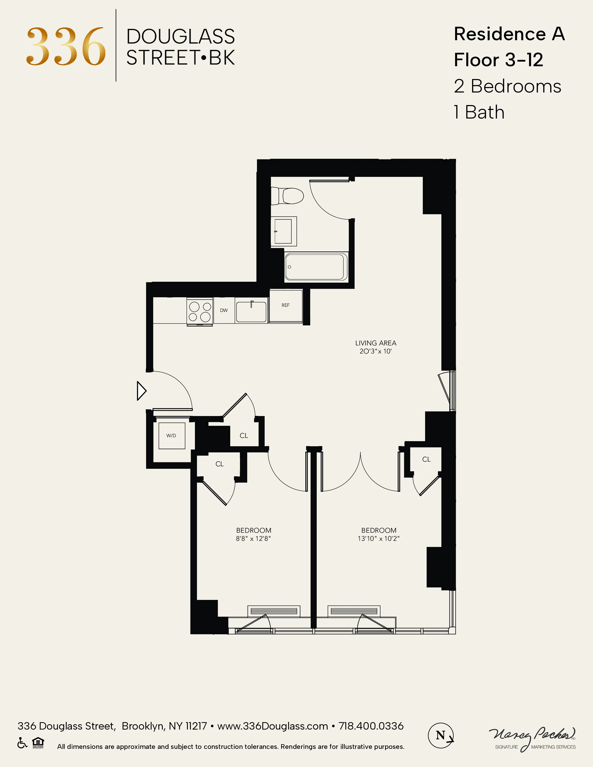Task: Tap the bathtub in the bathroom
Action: (x=316, y=267)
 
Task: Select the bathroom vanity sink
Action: (x=283, y=231)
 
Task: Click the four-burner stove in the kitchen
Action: (x=200, y=311)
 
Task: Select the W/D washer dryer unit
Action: (x=171, y=436)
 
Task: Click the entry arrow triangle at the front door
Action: (x=141, y=390)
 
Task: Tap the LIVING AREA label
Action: (x=376, y=343)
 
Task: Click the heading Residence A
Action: (x=509, y=34)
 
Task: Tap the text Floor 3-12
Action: (x=498, y=60)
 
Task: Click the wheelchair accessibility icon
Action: (x=22, y=743)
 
